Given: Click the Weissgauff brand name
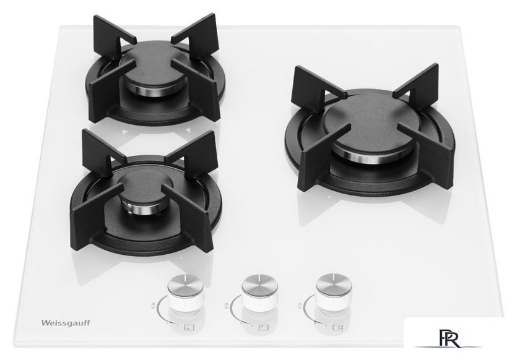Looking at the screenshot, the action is (x=66, y=323).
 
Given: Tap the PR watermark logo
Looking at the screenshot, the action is (x=449, y=338).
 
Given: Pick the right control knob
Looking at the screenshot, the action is (x=334, y=293).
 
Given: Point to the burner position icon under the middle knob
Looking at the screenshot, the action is (x=264, y=328).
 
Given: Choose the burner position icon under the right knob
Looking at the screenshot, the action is (x=337, y=327).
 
